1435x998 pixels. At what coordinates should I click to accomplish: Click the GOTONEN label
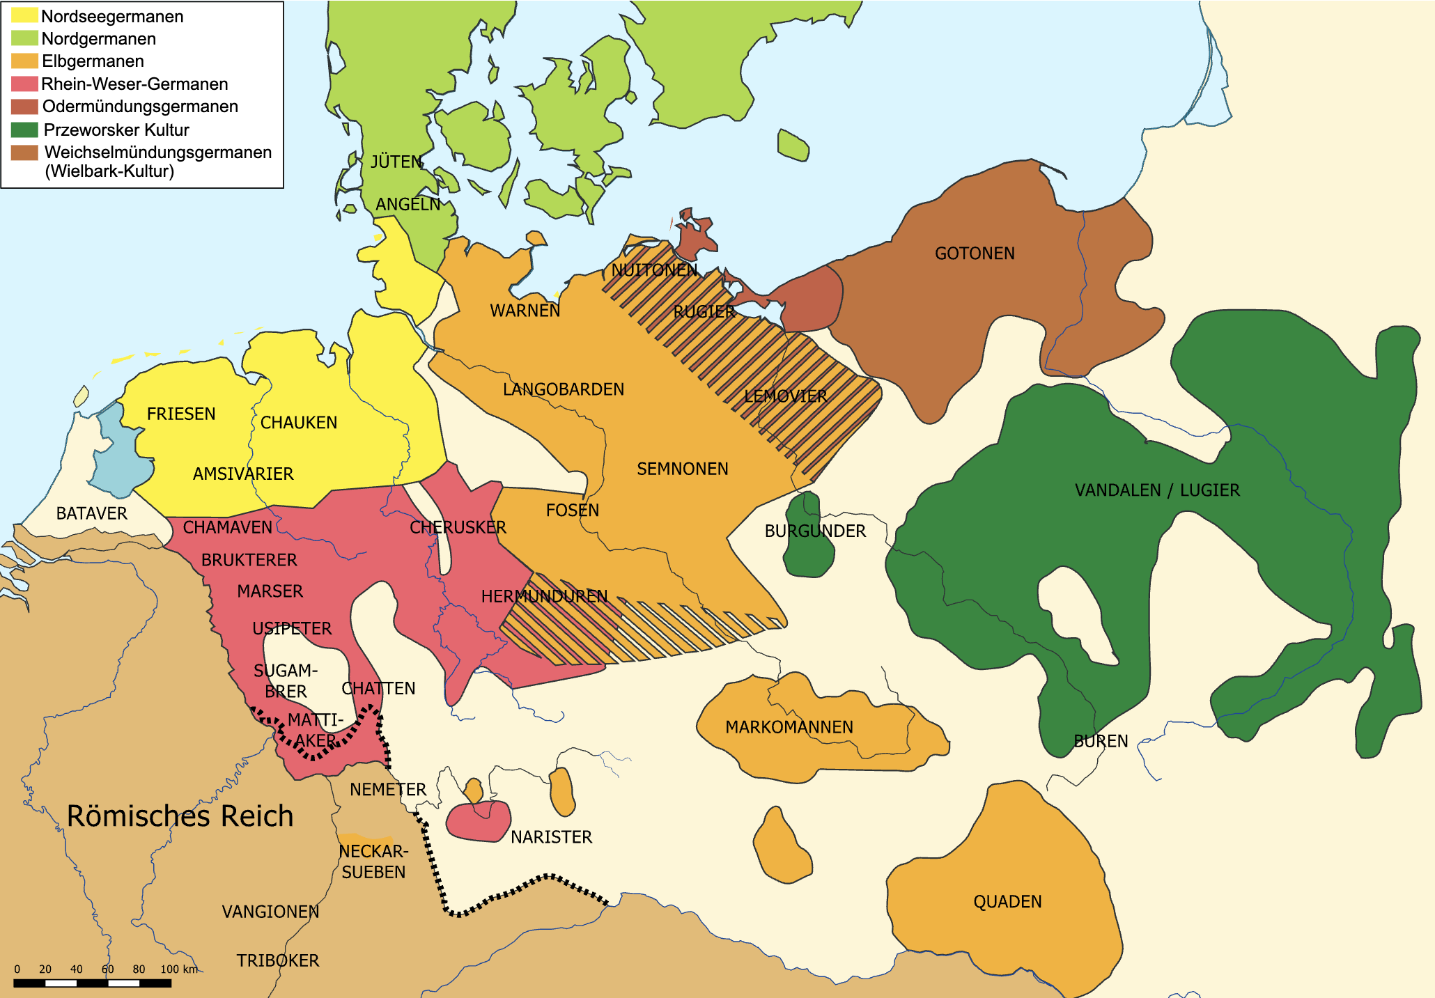point(974,254)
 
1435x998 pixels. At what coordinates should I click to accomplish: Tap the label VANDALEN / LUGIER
point(1156,490)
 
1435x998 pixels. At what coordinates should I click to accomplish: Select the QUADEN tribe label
point(1007,902)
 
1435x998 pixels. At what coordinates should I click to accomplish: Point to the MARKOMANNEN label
point(789,727)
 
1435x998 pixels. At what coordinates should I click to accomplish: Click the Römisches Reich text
point(180,816)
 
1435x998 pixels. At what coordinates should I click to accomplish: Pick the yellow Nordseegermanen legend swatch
point(24,15)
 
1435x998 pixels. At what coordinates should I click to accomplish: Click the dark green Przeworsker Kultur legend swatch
point(24,130)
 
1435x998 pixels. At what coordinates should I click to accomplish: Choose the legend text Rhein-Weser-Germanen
point(134,84)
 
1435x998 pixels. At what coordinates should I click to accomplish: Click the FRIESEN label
point(181,414)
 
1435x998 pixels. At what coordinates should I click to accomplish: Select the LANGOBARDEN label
point(563,389)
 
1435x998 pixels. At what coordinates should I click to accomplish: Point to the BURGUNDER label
point(814,531)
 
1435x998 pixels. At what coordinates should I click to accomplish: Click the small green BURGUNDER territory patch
point(808,557)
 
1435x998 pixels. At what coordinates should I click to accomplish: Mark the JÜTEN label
point(396,162)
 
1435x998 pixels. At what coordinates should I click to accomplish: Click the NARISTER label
point(551,837)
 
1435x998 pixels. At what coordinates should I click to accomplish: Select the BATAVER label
point(91,514)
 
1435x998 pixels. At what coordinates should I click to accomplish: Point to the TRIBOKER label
point(277,961)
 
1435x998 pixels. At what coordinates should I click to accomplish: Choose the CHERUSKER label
point(458,528)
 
